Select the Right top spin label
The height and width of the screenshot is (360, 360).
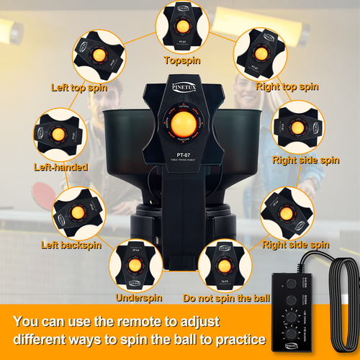click(287, 86)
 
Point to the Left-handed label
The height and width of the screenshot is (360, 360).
click(60, 167)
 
